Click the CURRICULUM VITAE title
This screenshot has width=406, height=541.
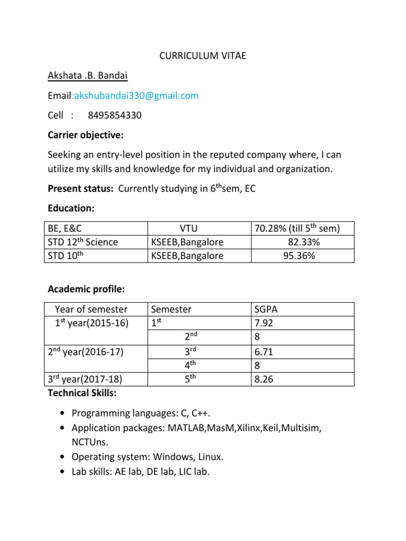[x=203, y=56]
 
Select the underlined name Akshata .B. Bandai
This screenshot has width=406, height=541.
[x=88, y=76]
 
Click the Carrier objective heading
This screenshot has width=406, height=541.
[x=86, y=135]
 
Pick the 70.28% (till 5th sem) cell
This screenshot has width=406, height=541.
[x=297, y=228]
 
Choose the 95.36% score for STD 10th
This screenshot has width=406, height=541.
[x=300, y=256]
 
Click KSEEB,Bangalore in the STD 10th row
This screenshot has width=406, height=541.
[x=188, y=256]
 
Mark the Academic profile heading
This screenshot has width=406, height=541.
[x=86, y=289]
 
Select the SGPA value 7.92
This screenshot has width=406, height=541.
[x=265, y=323]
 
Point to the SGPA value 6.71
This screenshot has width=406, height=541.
[x=265, y=351]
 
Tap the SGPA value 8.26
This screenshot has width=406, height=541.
[x=265, y=379]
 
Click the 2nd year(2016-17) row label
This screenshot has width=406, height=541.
[x=86, y=351]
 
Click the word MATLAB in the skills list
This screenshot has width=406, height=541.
[x=187, y=428]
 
